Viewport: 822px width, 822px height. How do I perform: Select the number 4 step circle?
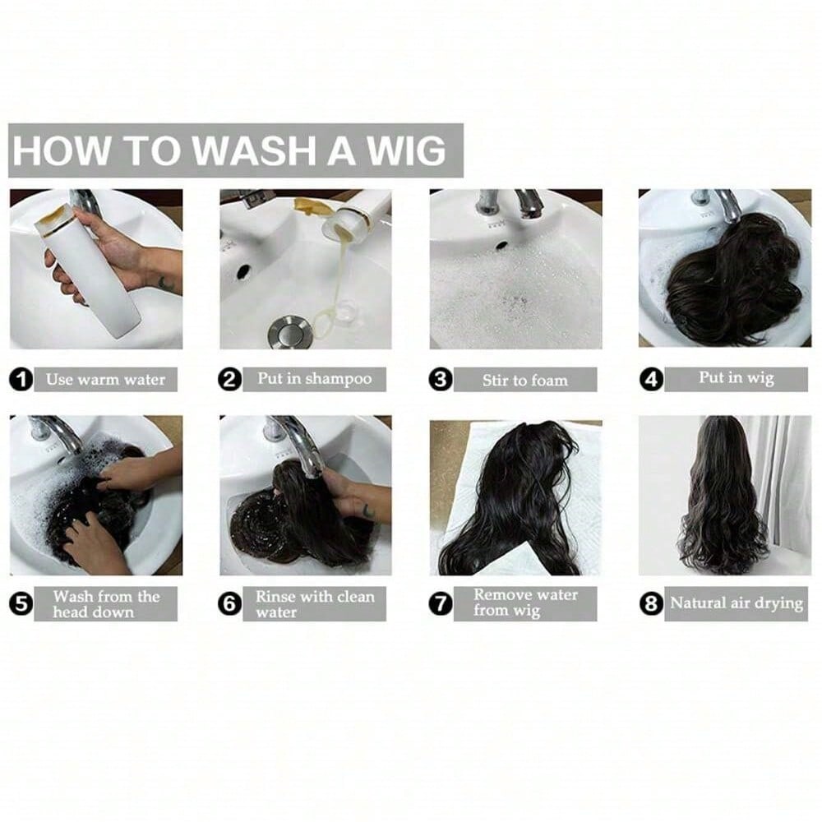651,379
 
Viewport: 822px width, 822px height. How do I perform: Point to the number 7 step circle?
441,603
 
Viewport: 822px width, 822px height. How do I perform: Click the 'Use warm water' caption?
105,380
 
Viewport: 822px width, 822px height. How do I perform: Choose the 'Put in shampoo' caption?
315,378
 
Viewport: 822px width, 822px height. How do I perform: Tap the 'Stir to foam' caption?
525,380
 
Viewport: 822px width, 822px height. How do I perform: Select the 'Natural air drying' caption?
737,603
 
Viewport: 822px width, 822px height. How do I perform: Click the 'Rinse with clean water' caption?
315,604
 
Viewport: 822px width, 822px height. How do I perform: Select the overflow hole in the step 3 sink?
501,245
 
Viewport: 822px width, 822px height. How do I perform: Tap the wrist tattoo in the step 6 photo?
368,510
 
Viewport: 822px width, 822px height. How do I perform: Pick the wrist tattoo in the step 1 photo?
166,284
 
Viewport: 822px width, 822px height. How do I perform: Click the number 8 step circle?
651,603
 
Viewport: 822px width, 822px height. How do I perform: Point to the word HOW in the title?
62,150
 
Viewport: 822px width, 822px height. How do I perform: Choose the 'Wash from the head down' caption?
106,604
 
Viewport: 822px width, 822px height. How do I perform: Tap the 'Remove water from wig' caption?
525,603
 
